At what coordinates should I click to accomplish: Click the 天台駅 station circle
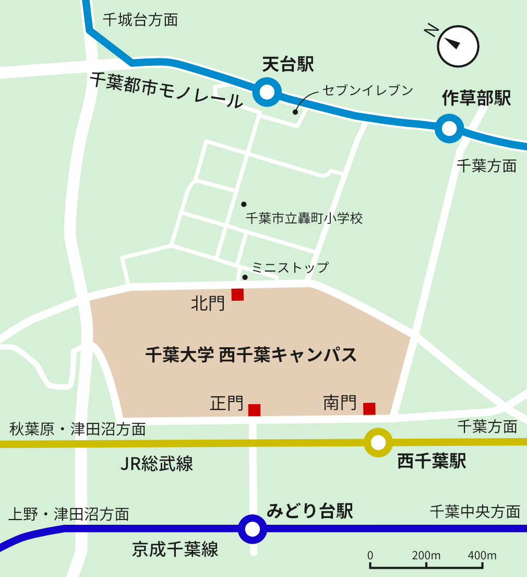(267, 92)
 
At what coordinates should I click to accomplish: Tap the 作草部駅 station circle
(449, 128)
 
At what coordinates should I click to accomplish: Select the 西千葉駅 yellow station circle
(378, 443)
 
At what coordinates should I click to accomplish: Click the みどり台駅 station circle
(253, 529)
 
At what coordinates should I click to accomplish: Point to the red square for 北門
(237, 295)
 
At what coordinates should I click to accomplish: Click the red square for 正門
(254, 410)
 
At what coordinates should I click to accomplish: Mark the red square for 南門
(369, 408)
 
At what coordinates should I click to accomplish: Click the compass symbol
(458, 47)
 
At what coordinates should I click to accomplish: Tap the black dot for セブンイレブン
(295, 112)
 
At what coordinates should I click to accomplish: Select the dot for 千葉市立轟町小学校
(244, 204)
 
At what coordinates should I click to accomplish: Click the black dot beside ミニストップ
(245, 277)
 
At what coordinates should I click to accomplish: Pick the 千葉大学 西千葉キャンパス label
(251, 355)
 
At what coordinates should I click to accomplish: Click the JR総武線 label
(157, 463)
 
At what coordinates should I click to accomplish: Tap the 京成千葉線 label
(175, 549)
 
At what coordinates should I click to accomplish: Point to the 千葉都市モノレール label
(166, 90)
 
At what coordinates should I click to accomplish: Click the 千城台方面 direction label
(140, 20)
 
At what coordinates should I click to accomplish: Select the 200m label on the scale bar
(426, 555)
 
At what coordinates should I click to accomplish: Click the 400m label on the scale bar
(482, 555)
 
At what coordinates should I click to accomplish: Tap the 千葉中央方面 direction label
(475, 511)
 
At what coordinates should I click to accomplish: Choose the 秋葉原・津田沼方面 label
(78, 429)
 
